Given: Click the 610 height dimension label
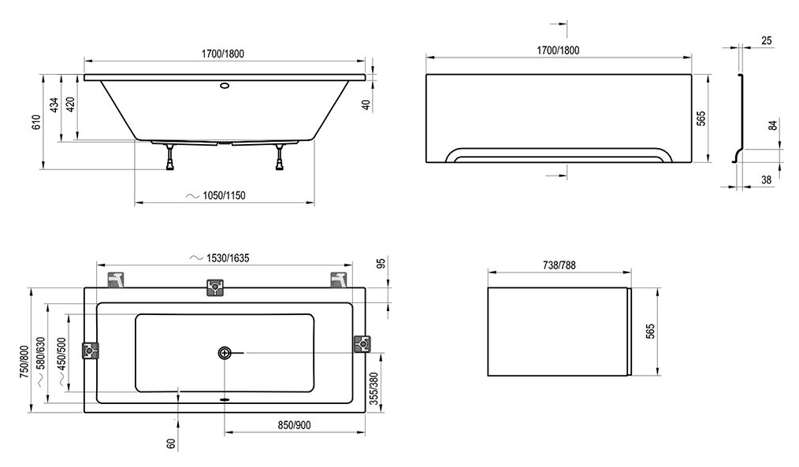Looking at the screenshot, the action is click(35, 122).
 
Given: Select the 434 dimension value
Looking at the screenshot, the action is click(54, 105).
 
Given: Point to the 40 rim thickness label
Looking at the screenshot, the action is click(365, 105).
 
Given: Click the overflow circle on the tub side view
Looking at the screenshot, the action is click(225, 86).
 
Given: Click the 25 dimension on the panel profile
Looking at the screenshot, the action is click(767, 41).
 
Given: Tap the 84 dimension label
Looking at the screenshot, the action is click(772, 125).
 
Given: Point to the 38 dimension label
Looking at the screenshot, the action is click(767, 180).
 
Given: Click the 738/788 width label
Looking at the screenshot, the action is click(559, 265).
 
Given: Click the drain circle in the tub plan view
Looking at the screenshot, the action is click(225, 352).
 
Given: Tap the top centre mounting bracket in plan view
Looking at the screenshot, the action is click(215, 287).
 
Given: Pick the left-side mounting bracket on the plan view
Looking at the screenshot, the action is click(90, 350).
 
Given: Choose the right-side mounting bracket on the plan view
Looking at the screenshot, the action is click(362, 344).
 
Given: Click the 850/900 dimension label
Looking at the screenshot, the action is click(294, 425).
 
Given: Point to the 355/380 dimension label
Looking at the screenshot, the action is click(374, 388).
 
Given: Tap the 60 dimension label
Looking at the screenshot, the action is click(171, 444).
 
